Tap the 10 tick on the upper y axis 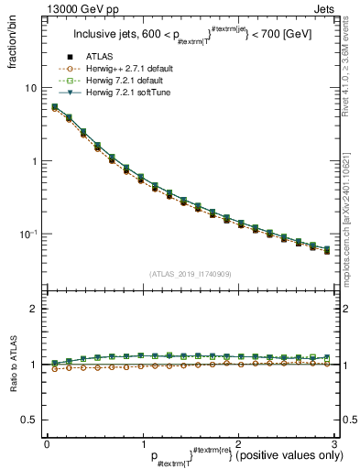[30, 88]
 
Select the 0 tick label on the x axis [47, 442]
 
